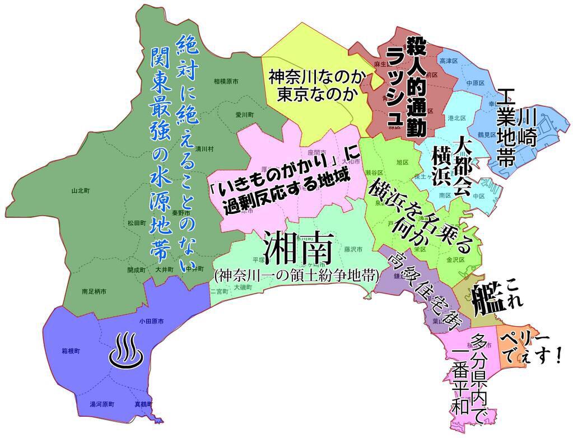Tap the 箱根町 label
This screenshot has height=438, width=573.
tap(71, 351)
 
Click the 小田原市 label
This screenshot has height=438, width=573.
tap(151, 321)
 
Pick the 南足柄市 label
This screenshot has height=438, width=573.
tap(94, 291)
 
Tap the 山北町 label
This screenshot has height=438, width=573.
tap(81, 190)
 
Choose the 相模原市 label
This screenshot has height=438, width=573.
tap(226, 81)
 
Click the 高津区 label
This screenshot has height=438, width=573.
tap(449, 60)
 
